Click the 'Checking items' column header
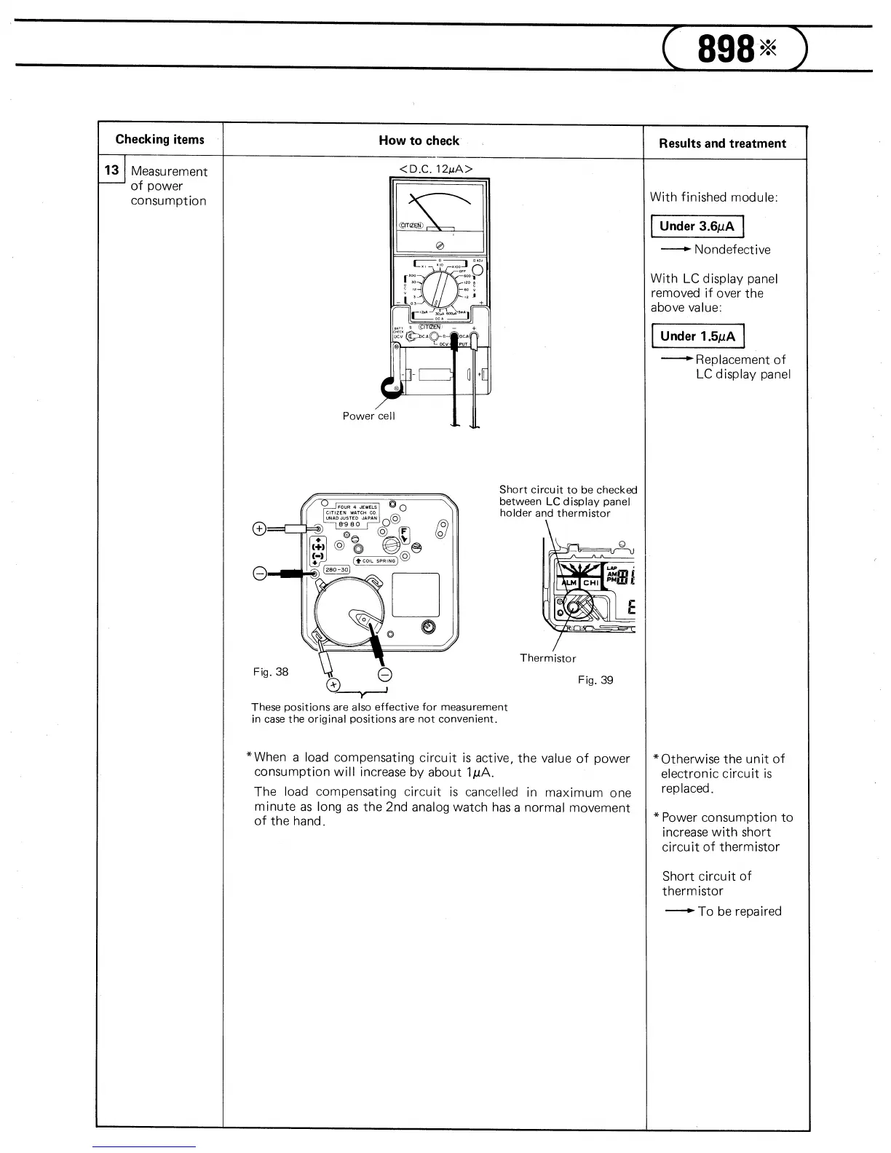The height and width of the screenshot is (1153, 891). (160, 140)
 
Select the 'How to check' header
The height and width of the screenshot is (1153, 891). (419, 141)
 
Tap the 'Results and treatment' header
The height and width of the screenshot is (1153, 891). (722, 143)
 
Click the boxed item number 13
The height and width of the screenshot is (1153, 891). (111, 170)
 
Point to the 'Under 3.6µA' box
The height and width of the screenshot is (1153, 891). (697, 226)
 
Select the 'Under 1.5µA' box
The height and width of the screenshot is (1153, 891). (697, 336)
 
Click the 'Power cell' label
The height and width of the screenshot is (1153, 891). (368, 416)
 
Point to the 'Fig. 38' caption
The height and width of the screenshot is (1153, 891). (271, 672)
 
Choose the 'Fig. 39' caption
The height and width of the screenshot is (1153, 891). (595, 680)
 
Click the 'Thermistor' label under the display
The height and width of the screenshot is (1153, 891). (547, 658)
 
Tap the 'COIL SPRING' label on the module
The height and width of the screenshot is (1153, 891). (376, 560)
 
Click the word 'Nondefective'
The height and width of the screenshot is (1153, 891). (732, 250)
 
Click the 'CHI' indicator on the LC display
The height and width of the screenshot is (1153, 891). (590, 582)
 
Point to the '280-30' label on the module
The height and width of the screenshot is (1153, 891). (338, 569)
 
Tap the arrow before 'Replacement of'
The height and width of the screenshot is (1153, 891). (676, 359)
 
